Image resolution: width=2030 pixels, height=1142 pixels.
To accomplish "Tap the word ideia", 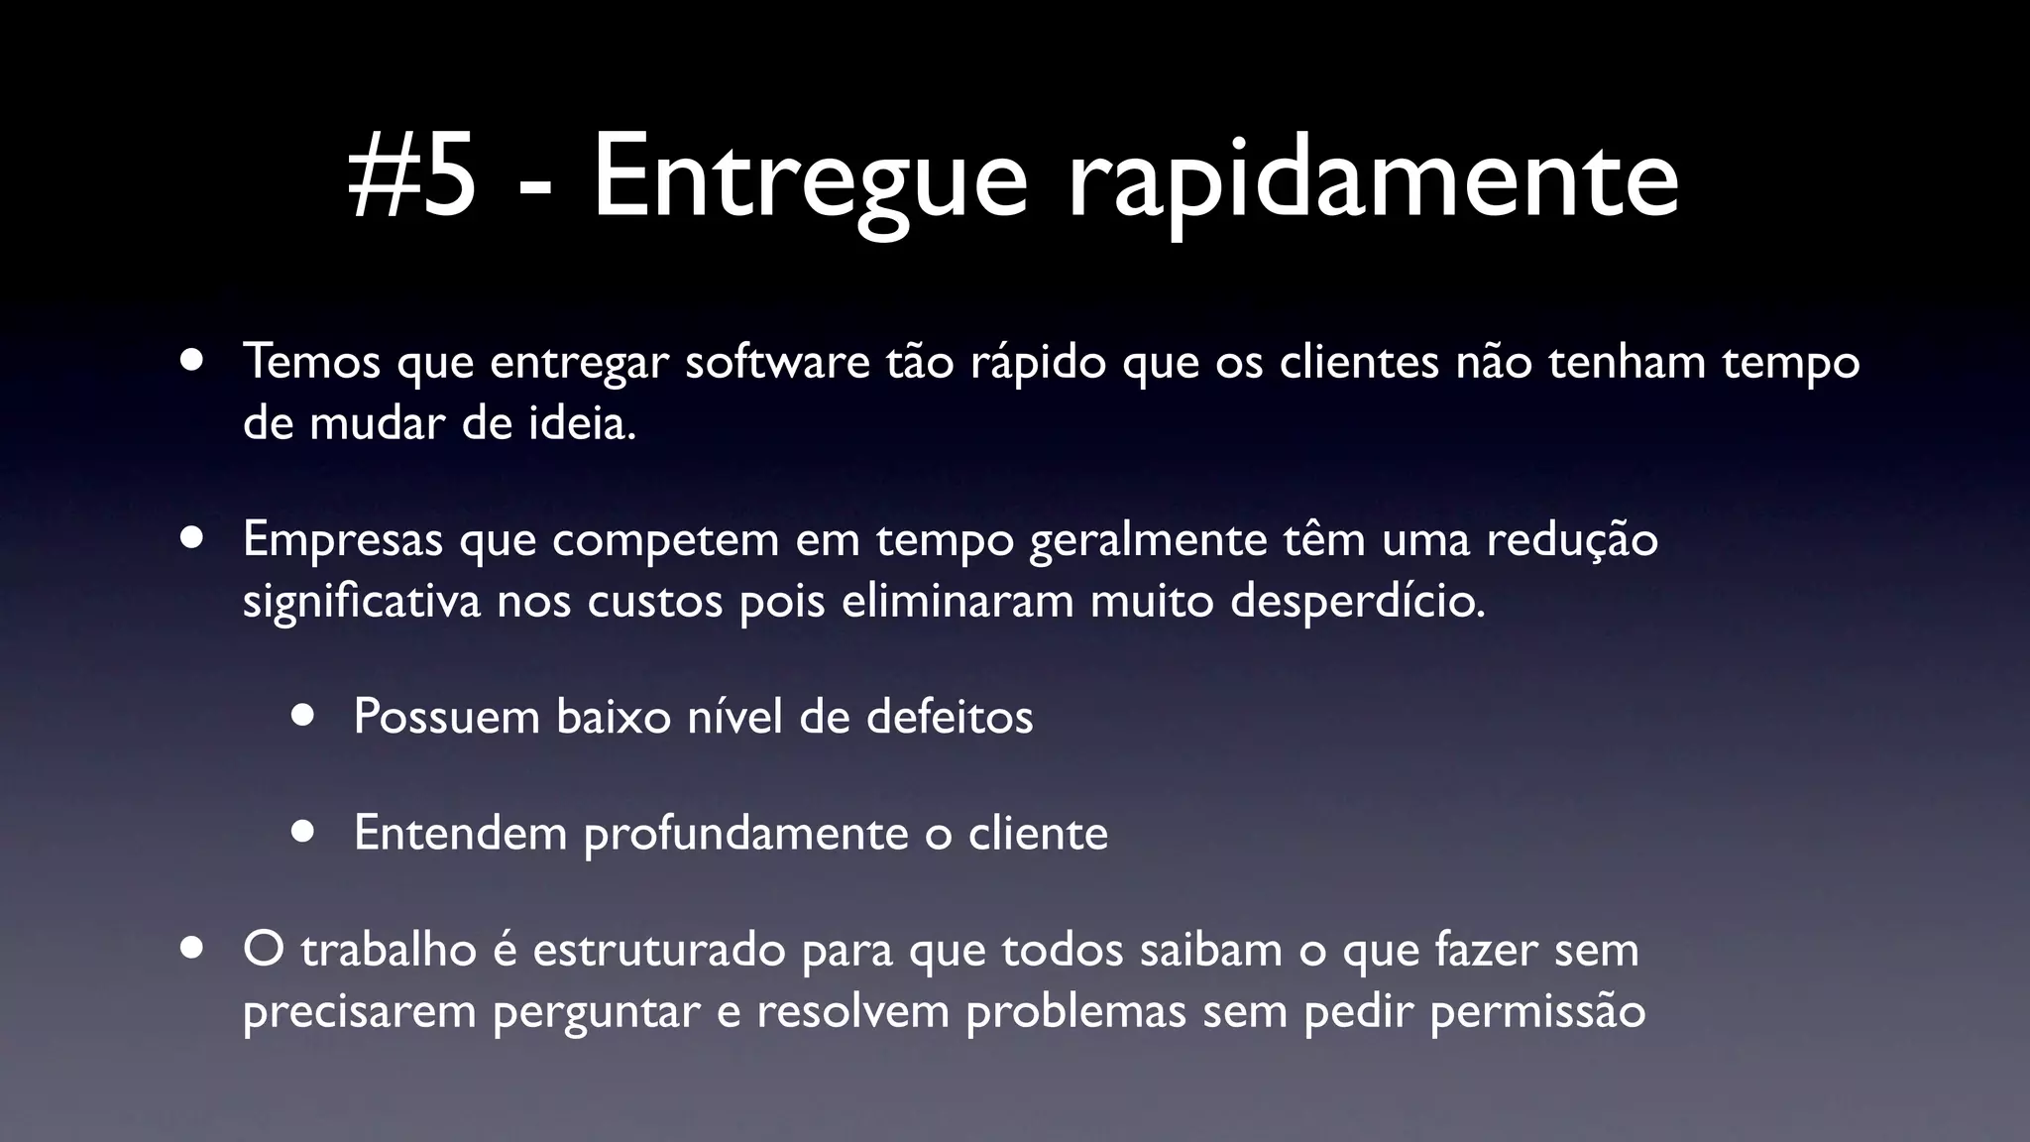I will coord(584,424).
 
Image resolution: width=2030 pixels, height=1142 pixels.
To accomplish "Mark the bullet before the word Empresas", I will coord(192,538).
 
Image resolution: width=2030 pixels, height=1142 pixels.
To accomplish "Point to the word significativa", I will coord(362,603).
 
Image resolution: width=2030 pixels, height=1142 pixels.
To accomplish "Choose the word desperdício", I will coord(1358,603).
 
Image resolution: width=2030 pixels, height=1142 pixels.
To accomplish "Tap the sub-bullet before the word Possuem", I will coord(303,716).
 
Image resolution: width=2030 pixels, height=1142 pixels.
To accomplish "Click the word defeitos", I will coord(949,717).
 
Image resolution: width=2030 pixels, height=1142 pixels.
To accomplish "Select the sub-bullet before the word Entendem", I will coord(303,832).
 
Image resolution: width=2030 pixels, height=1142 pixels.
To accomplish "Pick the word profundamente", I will coord(745,834).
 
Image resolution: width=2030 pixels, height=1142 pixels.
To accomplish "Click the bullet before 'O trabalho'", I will coord(192,948).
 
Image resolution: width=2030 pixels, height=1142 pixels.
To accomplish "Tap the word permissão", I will coord(1537,1012).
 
